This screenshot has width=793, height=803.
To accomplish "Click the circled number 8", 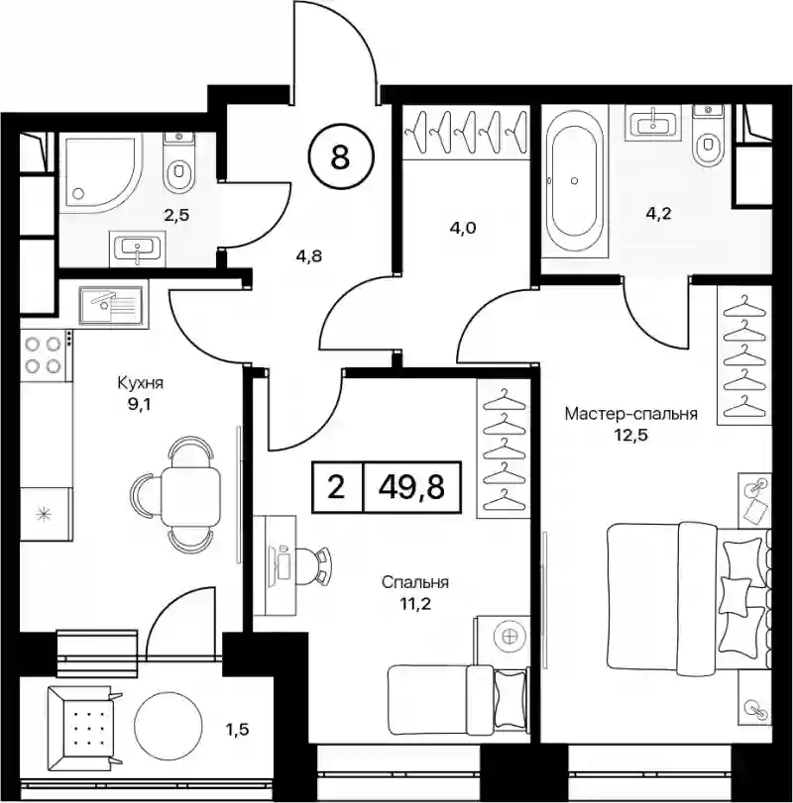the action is coord(341,156).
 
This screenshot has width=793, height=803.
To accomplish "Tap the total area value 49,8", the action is coord(411,486).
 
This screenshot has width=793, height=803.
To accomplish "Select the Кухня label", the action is coord(141,382).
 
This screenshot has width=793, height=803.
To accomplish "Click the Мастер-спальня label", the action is coord(631,413).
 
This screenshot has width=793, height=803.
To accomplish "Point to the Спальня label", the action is coord(415,582).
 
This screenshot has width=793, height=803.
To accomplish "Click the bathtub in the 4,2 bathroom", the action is coord(575,180).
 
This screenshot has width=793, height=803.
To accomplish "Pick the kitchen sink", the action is coord(111,305).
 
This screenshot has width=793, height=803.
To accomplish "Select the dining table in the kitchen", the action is coord(190,496).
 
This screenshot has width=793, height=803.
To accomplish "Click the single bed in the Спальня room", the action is coord(458,695).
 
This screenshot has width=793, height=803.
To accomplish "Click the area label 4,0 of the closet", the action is coord(463,228).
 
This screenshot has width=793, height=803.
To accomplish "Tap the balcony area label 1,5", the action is coord(237,728).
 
